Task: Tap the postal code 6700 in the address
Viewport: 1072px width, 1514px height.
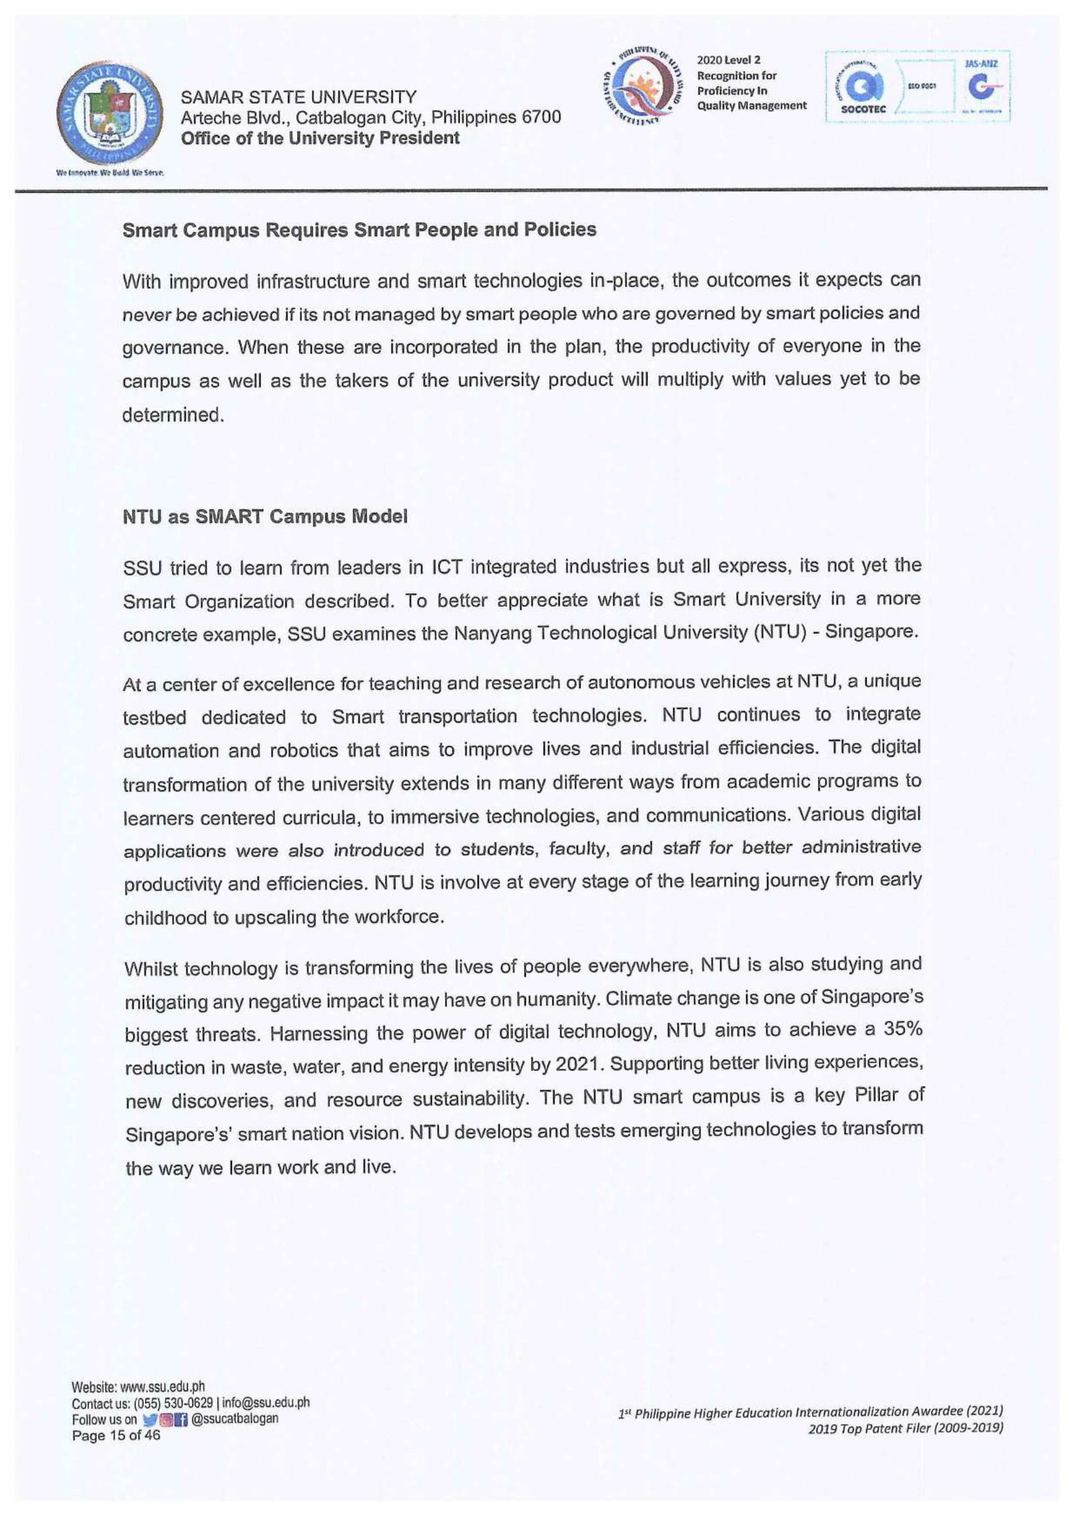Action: pyautogui.click(x=541, y=117)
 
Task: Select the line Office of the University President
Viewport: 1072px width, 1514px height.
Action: pyautogui.click(x=320, y=138)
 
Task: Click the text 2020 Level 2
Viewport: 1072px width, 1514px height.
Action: pyautogui.click(x=729, y=60)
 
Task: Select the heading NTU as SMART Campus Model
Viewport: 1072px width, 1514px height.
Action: pyautogui.click(x=265, y=516)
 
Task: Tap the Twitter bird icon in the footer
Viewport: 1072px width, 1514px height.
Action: pyautogui.click(x=149, y=1419)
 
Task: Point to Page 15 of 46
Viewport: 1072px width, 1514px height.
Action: pyautogui.click(x=115, y=1435)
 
